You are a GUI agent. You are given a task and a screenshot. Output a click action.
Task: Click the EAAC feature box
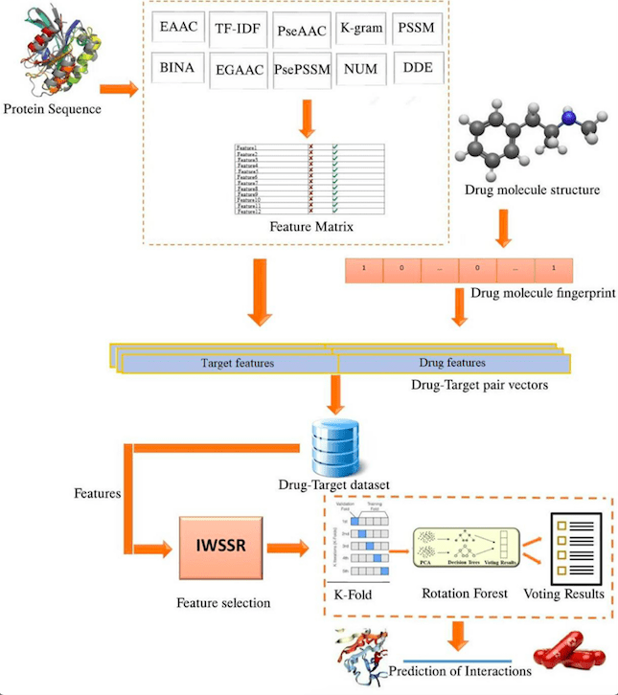[x=178, y=29]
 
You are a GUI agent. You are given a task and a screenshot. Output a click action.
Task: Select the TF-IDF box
[x=236, y=29]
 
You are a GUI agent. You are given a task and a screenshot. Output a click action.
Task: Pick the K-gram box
[x=361, y=29]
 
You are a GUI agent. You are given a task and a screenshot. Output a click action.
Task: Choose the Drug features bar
[x=452, y=364]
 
